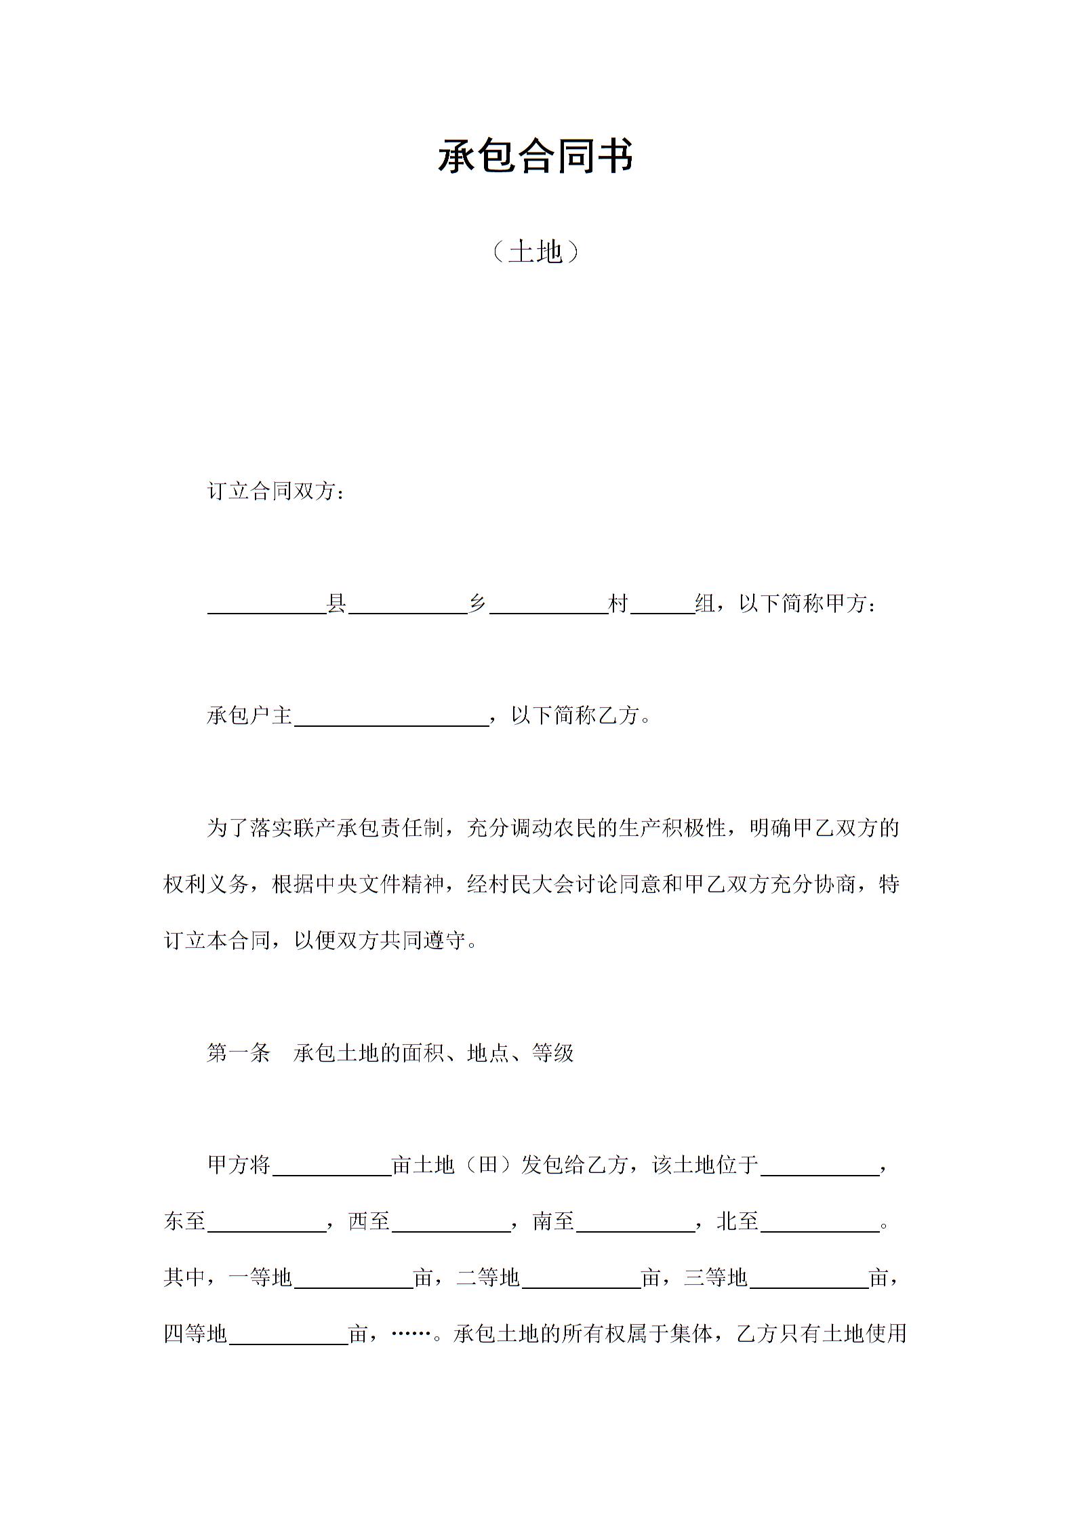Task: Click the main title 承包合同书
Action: tap(535, 156)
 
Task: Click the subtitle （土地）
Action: tap(535, 252)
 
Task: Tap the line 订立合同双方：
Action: tap(276, 491)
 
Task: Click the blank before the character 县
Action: tap(267, 605)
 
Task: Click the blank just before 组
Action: tap(662, 605)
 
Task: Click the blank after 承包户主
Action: tap(392, 717)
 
